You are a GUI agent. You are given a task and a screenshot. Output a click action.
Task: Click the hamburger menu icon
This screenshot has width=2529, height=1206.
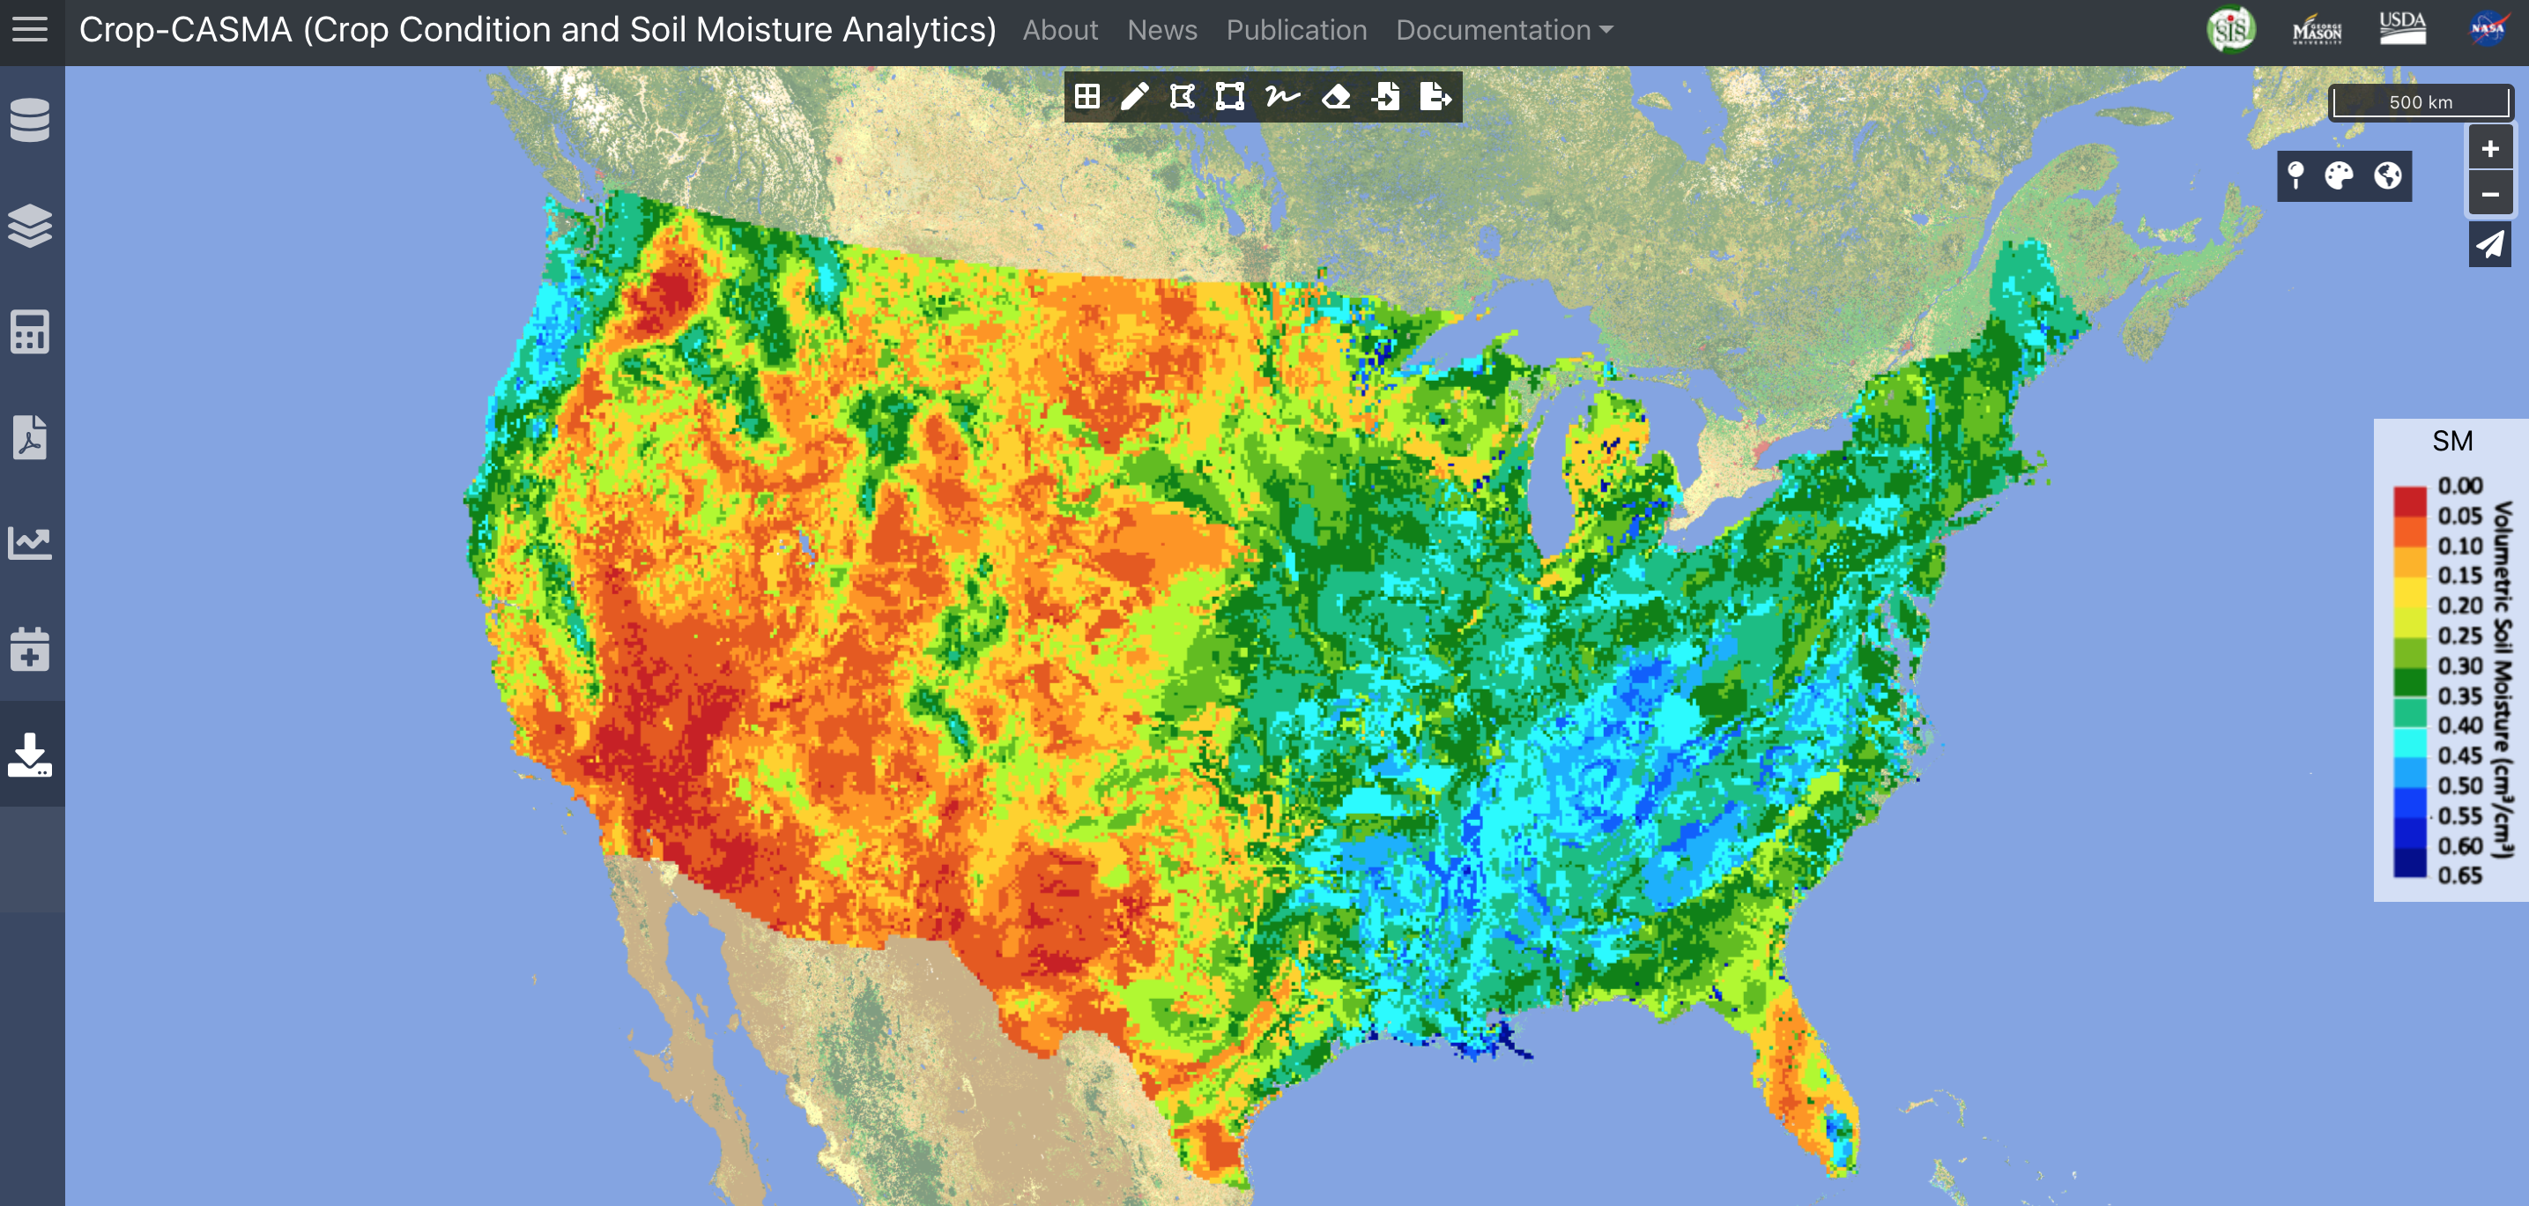(29, 29)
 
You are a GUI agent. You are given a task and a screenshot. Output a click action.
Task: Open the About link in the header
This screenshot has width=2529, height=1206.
(1059, 31)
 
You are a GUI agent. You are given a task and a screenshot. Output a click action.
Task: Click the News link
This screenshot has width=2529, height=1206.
(1161, 31)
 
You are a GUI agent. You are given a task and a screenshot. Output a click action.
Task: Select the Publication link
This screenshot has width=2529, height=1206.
(1296, 31)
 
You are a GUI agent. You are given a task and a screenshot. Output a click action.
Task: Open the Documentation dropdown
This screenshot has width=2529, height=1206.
(1503, 31)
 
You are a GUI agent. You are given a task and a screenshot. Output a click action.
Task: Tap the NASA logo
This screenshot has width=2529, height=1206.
(2487, 28)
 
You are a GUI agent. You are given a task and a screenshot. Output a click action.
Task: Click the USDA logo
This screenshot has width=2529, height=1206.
(2402, 28)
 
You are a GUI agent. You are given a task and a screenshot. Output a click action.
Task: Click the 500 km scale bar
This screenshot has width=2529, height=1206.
(2420, 102)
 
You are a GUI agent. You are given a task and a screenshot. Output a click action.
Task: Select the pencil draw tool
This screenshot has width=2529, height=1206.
(1134, 96)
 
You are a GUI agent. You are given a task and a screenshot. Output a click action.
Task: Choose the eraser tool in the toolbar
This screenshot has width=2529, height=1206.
(1335, 96)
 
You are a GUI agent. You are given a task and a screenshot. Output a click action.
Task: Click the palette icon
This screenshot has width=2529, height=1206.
(2339, 175)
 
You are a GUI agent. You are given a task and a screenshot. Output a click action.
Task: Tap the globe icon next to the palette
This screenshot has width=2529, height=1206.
(2388, 175)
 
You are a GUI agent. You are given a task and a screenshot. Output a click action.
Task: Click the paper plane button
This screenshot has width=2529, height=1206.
(2489, 243)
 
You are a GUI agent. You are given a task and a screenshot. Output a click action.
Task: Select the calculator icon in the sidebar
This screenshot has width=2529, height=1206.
(29, 332)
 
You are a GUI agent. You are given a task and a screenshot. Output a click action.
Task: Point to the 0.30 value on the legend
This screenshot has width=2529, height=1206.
(2459, 666)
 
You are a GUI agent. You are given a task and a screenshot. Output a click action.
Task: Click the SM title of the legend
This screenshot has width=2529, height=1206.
(2451, 441)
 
